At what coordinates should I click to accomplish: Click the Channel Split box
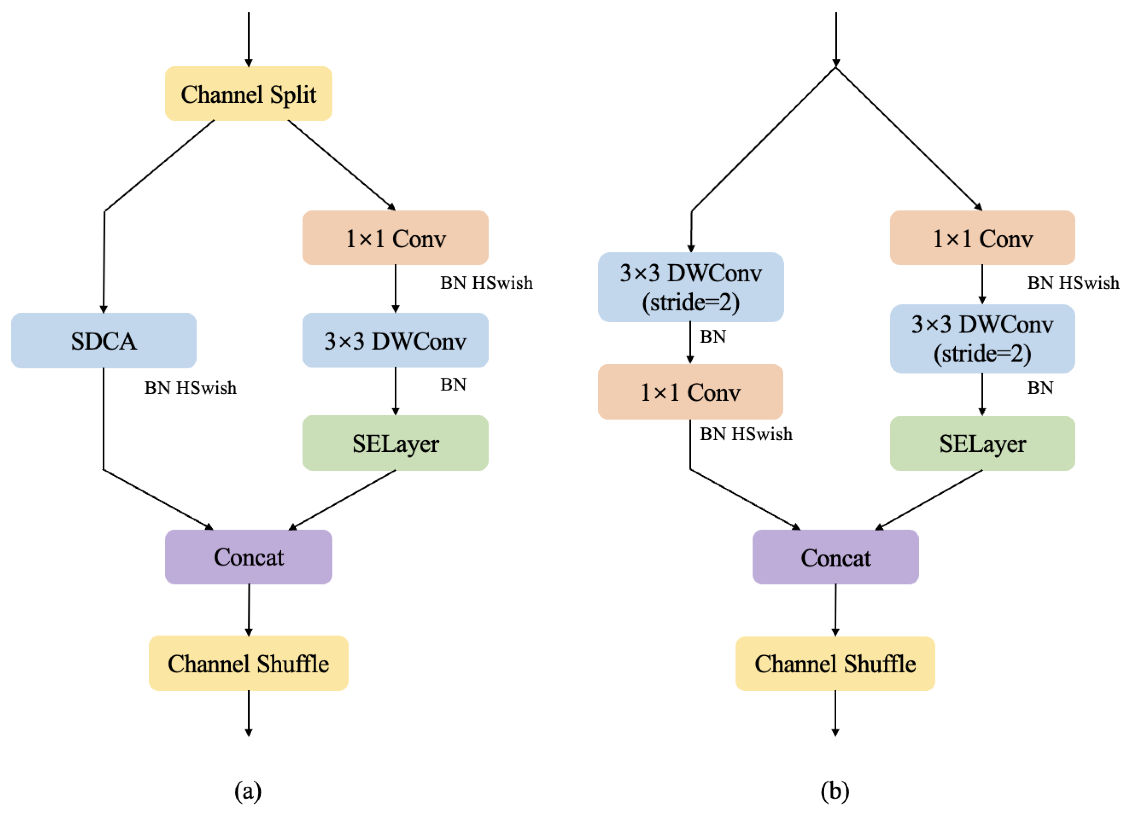(248, 94)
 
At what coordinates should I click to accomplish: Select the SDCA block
(104, 341)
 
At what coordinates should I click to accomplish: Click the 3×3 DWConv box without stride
(395, 341)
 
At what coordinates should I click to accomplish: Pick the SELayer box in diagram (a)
(395, 443)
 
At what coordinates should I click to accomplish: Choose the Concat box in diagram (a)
(248, 557)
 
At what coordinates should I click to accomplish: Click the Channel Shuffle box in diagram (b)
(835, 664)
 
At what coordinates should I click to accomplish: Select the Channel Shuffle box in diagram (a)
(248, 663)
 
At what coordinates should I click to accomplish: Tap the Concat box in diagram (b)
(835, 557)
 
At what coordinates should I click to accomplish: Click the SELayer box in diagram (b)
(982, 443)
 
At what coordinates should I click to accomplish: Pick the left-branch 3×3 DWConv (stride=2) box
(690, 287)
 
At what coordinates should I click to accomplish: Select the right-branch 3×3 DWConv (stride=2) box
(982, 339)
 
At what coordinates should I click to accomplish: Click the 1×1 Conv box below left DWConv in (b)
(690, 392)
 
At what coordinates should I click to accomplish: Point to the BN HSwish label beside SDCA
(190, 388)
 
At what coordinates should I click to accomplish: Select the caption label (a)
(248, 791)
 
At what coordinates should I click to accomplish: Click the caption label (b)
(835, 791)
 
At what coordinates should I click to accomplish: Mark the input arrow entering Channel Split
(248, 40)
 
